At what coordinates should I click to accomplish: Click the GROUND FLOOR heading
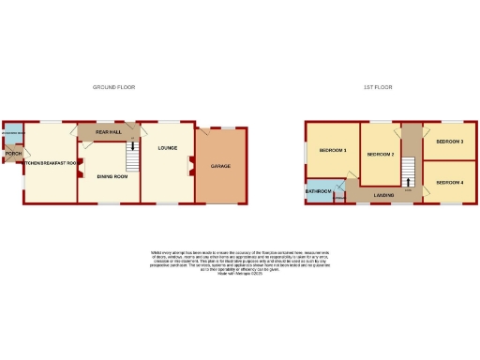(x=113, y=87)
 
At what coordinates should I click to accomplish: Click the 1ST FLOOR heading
(x=378, y=87)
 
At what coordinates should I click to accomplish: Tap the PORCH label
(x=13, y=153)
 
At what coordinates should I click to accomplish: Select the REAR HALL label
(x=109, y=132)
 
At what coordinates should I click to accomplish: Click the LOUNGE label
(x=168, y=148)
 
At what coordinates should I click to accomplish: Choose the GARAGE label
(x=220, y=166)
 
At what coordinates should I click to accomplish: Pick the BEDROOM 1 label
(x=333, y=151)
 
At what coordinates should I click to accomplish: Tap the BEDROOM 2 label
(x=379, y=154)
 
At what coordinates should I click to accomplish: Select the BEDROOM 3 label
(x=448, y=142)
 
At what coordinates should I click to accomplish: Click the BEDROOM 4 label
(x=448, y=181)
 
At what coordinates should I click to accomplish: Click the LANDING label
(x=382, y=194)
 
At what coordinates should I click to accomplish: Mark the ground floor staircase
(x=132, y=158)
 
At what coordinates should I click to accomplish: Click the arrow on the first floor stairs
(x=408, y=181)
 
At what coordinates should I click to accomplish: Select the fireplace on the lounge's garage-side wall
(x=191, y=166)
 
